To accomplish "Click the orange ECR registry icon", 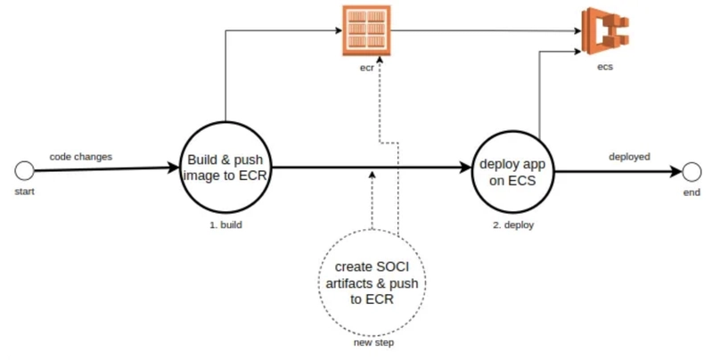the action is [x=366, y=30].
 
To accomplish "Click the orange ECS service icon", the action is [x=605, y=31].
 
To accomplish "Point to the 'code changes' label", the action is [x=81, y=157].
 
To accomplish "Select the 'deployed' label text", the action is [x=629, y=157].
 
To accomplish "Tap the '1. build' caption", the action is [x=226, y=225].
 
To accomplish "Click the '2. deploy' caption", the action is [x=513, y=225].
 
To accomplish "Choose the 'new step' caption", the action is [x=373, y=343].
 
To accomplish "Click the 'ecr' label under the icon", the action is [x=367, y=69].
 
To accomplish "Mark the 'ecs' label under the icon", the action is [x=605, y=67].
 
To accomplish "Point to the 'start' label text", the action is [x=25, y=192].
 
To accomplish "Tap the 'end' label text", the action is [x=692, y=192].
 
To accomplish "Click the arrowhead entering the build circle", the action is [x=174, y=168].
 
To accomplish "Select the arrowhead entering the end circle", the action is [x=676, y=172].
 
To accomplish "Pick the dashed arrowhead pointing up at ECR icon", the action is [x=380, y=60].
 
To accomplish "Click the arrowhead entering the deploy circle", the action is [x=465, y=168].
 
